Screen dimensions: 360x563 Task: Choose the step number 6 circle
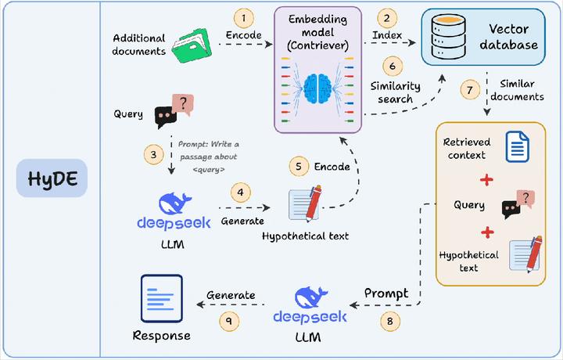[393, 68]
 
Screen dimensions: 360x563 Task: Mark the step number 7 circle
[468, 90]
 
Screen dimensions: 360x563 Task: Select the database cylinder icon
[442, 37]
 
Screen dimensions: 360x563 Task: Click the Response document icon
[161, 299]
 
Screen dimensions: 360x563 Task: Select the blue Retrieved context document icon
[517, 147]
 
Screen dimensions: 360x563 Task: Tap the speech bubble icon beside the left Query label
[173, 112]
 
